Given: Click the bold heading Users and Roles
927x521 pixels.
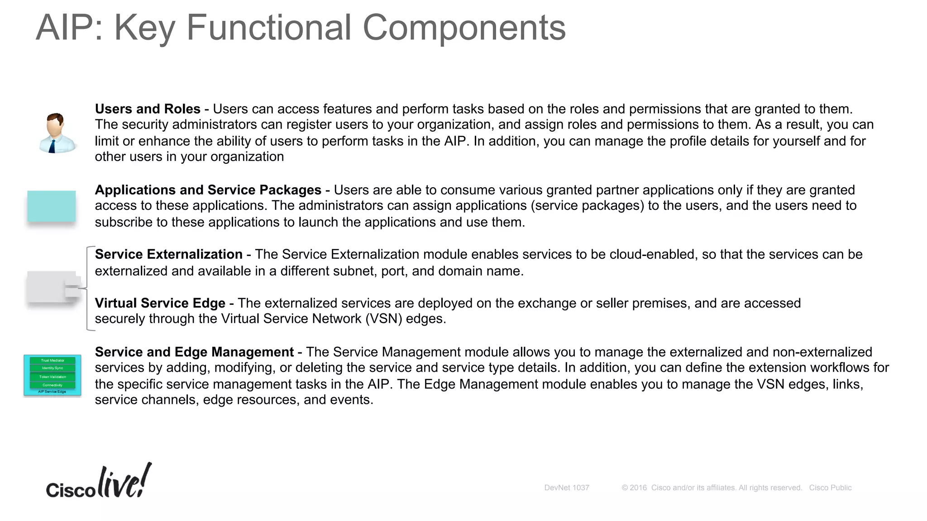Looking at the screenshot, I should [x=148, y=109].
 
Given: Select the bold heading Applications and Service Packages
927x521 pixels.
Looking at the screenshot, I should [x=208, y=190].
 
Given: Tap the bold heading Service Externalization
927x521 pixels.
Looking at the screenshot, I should [x=168, y=254].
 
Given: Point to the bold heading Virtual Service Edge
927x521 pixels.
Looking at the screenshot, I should [x=160, y=303].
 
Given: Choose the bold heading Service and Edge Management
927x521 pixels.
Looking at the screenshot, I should [x=194, y=352].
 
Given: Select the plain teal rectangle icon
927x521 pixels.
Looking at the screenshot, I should [x=52, y=206].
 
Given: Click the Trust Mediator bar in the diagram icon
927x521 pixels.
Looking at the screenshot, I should [x=53, y=360].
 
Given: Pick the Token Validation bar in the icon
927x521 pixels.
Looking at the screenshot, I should [x=53, y=377].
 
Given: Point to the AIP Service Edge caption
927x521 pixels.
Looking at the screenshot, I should [x=52, y=392].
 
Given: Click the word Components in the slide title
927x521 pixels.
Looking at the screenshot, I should [x=464, y=28].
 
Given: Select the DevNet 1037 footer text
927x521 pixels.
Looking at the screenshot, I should [x=566, y=488].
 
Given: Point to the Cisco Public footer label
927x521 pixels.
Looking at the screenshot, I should [x=830, y=488].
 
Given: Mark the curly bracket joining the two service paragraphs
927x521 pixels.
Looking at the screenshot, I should [x=87, y=288].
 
